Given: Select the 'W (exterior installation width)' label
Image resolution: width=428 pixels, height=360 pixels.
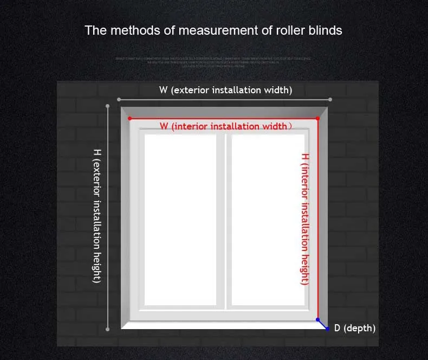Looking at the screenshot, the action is click(225, 90).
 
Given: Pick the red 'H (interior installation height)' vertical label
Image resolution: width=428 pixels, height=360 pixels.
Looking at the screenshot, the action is click(305, 218).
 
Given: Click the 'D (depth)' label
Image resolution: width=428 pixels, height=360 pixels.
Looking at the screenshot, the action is click(354, 328).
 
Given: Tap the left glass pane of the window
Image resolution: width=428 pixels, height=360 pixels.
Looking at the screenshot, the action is click(180, 220).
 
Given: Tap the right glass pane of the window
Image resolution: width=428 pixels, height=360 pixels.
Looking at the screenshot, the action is click(268, 220).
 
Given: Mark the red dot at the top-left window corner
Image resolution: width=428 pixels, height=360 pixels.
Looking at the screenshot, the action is click(129, 118).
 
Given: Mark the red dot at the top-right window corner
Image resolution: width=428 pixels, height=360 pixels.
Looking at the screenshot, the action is click(317, 118).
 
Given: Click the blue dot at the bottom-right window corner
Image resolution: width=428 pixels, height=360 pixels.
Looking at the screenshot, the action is click(318, 320).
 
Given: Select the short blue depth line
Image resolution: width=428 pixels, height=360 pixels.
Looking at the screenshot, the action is click(323, 325).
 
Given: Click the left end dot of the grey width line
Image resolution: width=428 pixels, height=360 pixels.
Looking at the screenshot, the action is click(118, 99).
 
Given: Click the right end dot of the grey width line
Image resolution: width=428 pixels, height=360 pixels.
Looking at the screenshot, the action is click(330, 99).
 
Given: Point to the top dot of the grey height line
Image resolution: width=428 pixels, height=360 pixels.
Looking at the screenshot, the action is click(108, 106).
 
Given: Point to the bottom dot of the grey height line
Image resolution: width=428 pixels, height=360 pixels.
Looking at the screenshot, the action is click(108, 329).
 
